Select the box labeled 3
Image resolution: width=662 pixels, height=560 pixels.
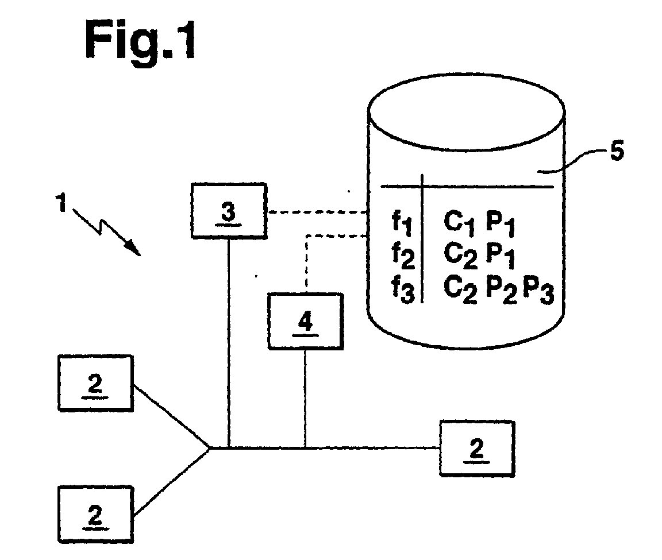click(229, 211)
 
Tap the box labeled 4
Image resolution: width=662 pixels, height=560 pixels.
click(306, 321)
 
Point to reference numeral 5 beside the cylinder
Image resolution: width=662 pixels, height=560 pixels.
click(617, 151)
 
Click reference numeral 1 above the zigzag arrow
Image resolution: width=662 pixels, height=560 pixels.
click(62, 202)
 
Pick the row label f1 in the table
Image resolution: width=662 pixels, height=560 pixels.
click(402, 223)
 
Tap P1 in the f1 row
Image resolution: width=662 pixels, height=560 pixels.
click(501, 223)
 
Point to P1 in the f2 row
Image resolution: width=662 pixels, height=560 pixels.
click(501, 257)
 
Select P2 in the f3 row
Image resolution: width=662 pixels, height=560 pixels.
click(501, 291)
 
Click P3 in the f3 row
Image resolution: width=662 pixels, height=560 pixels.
click(538, 291)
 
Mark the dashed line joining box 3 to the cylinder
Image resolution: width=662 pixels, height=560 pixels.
click(318, 212)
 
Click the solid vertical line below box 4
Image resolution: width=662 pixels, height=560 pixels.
click(305, 398)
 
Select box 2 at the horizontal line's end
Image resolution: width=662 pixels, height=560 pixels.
click(477, 449)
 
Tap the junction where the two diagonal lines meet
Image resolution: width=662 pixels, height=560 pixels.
click(209, 448)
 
